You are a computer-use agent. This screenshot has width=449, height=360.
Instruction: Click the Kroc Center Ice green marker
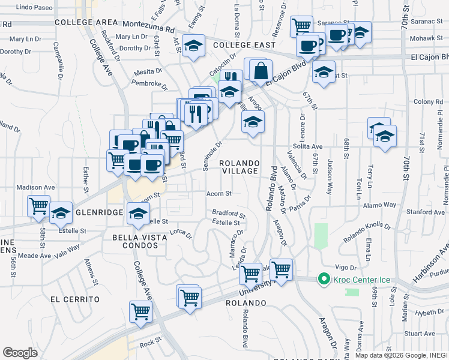[x=324, y=279]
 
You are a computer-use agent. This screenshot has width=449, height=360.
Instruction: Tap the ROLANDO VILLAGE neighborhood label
[x=239, y=167]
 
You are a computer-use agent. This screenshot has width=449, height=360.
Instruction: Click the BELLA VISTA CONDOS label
[x=142, y=242]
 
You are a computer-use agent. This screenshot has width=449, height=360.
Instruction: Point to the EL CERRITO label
[x=74, y=299]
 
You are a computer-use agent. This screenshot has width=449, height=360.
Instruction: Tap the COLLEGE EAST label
[x=244, y=45]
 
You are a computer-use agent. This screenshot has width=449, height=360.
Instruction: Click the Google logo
[x=20, y=352]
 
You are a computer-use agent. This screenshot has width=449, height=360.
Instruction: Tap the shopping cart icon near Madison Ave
[x=38, y=205]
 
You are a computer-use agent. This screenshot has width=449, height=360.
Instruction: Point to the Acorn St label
[x=218, y=194]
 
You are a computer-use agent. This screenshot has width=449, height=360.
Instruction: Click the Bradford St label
[x=229, y=213]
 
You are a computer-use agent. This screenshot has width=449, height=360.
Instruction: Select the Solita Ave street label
[x=308, y=146]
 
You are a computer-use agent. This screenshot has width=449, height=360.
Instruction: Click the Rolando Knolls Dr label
[x=367, y=232]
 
